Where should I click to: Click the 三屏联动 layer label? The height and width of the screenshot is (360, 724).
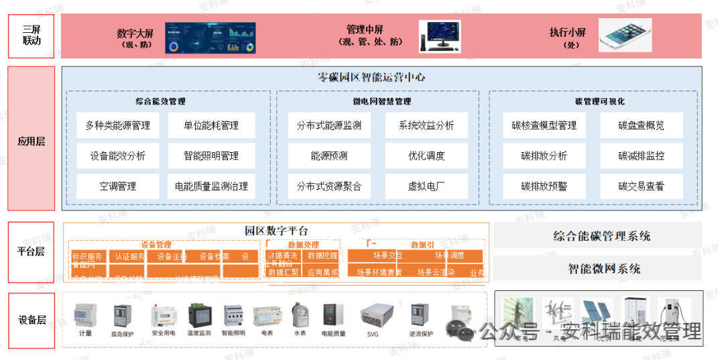tap(31, 36)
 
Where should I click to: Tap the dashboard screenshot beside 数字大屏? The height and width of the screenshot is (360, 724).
tap(211, 37)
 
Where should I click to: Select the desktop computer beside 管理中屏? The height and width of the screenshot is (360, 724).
tap(440, 36)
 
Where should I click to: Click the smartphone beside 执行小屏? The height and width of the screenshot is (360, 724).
tap(625, 36)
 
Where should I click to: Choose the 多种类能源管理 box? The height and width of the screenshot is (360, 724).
tap(118, 125)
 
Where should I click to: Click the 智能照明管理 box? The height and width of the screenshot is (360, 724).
tap(211, 156)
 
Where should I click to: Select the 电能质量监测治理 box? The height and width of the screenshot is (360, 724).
tap(211, 186)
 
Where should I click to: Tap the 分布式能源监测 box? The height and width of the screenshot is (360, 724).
tap(329, 125)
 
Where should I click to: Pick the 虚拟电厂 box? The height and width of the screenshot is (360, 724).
tap(426, 186)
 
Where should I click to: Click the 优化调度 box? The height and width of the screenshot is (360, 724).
tap(426, 156)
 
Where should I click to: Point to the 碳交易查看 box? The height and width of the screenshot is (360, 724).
tap(641, 186)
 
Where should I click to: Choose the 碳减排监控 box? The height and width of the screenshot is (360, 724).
tap(641, 156)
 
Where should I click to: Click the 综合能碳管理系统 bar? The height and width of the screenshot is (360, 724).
tap(601, 236)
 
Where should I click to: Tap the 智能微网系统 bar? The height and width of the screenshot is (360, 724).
tap(601, 269)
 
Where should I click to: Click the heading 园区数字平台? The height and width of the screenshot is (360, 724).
tap(276, 231)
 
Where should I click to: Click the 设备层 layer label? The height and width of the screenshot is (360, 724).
tap(31, 320)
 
